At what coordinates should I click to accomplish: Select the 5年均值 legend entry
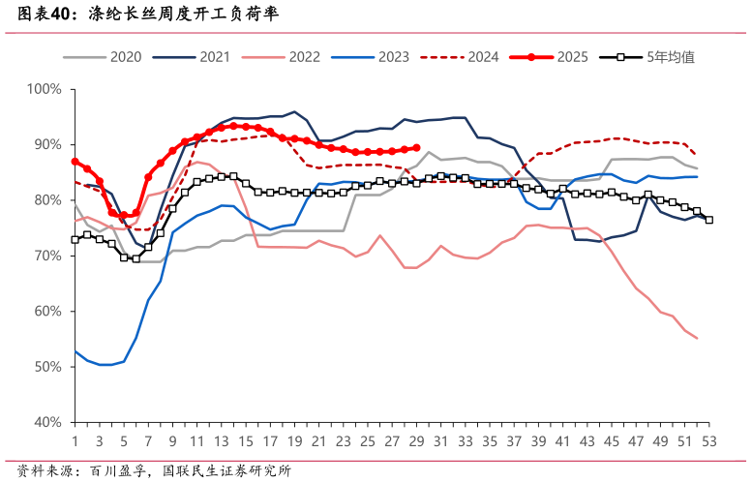tap(648, 57)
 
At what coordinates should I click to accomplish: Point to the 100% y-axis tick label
tap(45, 89)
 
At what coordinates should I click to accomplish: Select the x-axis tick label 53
tap(708, 440)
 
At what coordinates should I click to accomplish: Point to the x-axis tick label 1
tap(75, 440)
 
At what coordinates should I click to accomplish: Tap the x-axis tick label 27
tap(392, 440)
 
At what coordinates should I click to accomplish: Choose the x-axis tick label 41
tap(562, 440)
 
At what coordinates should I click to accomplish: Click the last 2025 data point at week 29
tap(416, 148)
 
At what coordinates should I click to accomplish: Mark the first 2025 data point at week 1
tap(75, 162)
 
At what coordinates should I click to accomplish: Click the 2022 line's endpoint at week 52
tap(697, 338)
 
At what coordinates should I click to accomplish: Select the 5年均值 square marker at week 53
tap(708, 220)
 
